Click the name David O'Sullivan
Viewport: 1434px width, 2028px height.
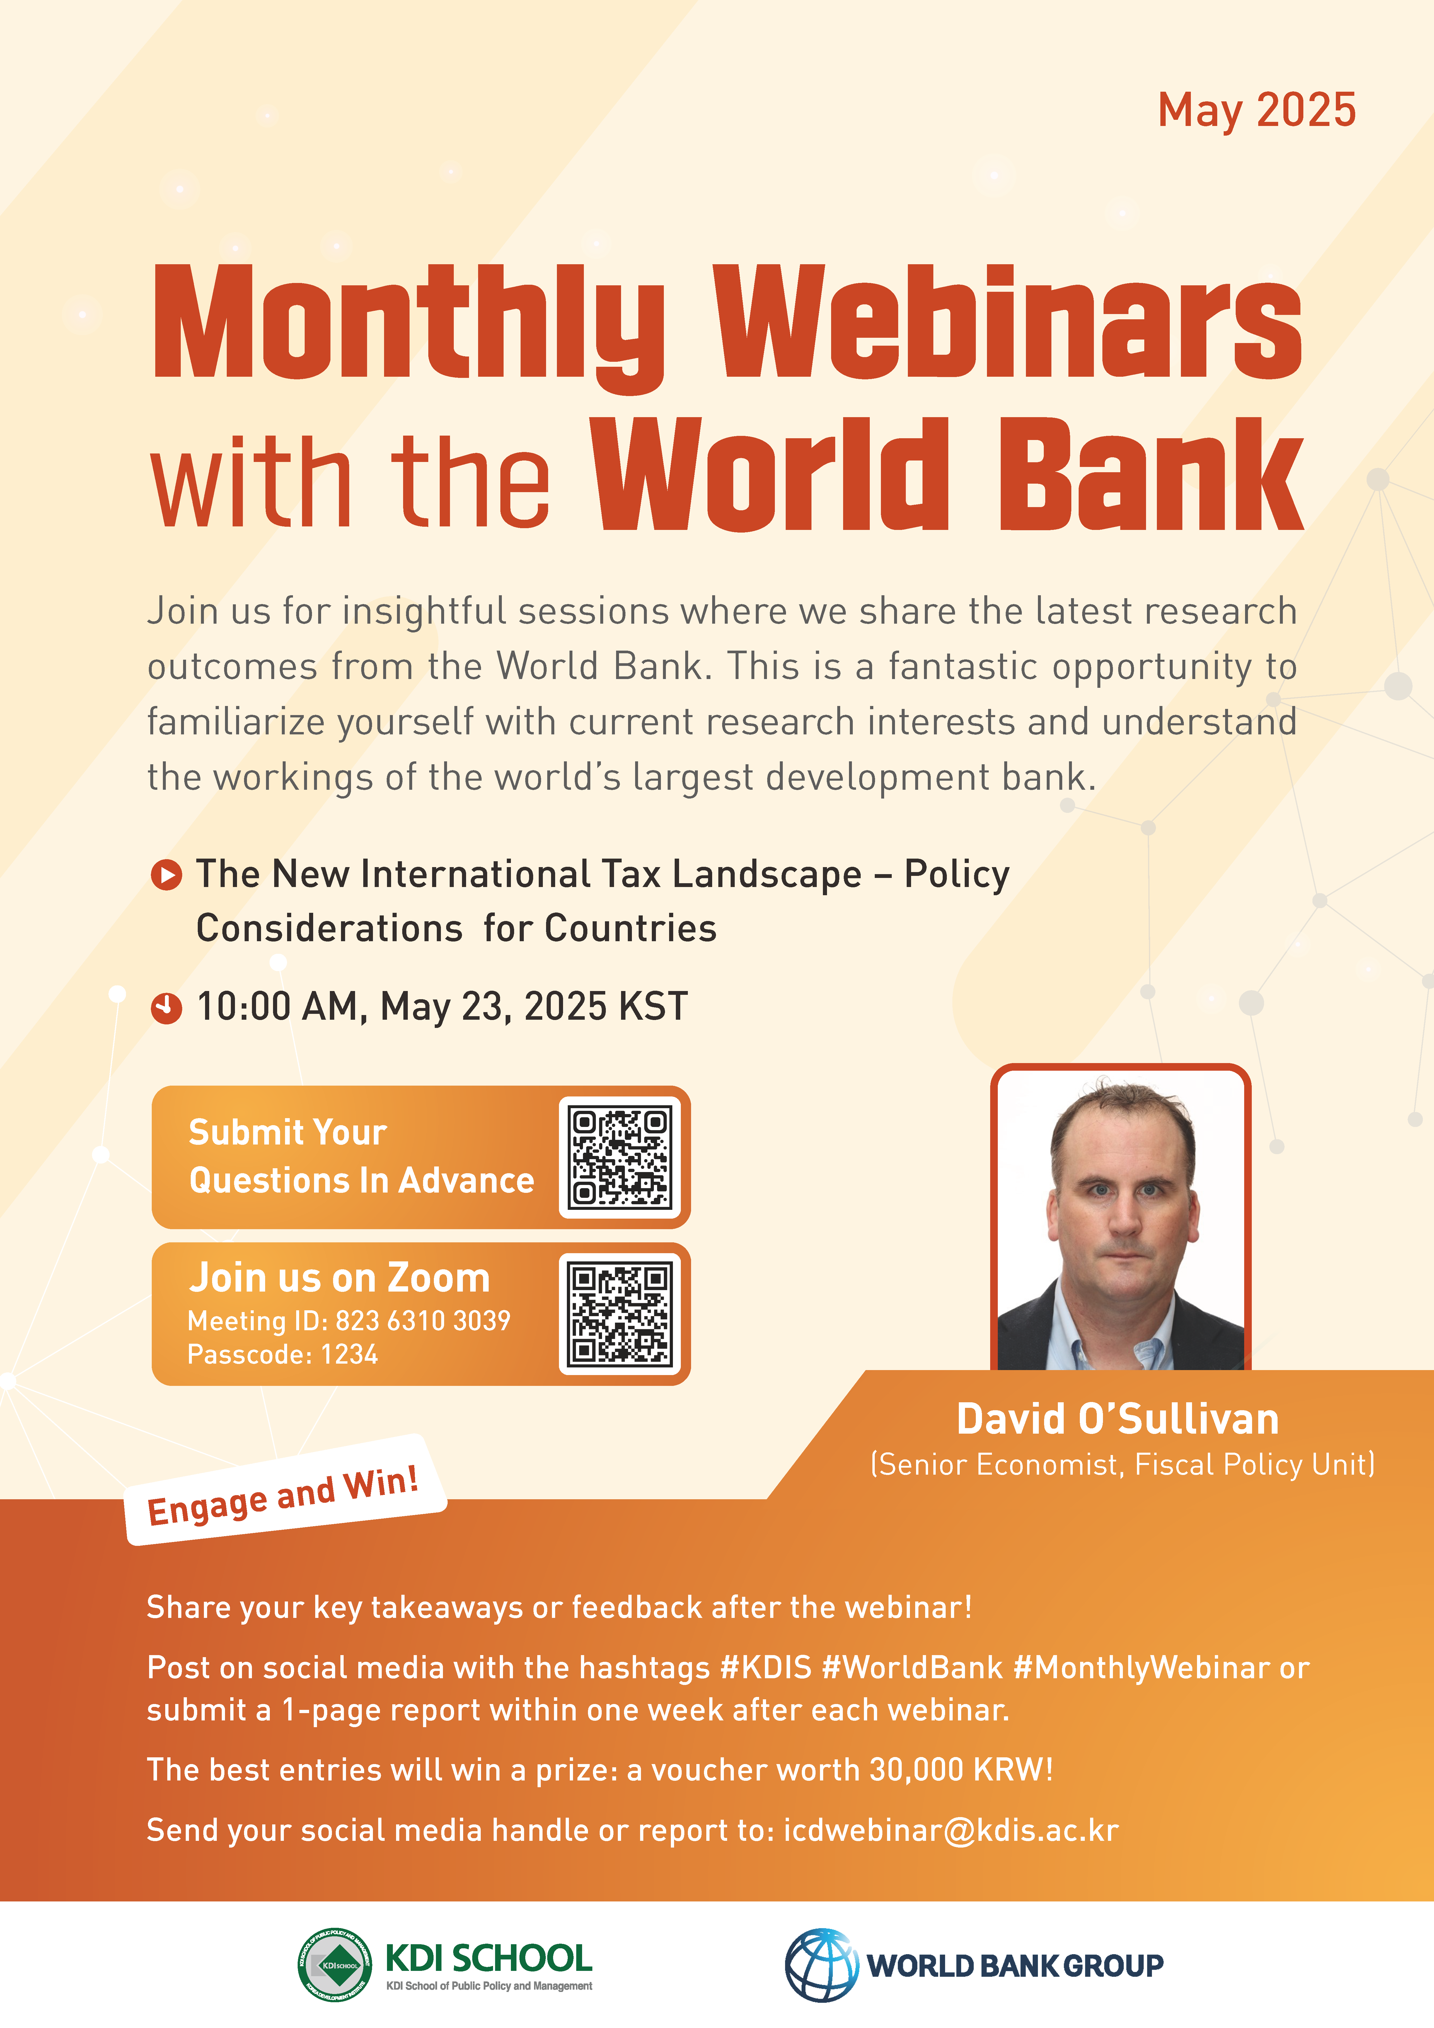[1118, 1418]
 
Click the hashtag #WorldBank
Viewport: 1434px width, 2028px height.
[912, 1668]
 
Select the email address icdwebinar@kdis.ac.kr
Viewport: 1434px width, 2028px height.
[951, 1830]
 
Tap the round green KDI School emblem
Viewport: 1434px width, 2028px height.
[335, 1964]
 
